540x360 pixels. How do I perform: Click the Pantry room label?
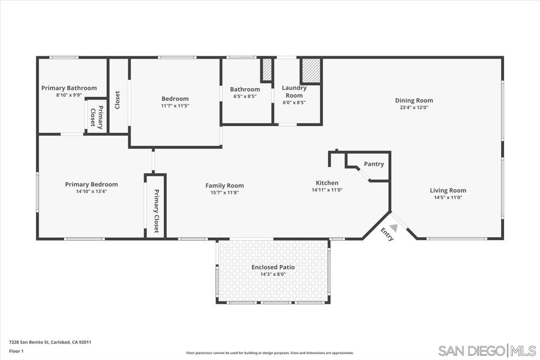[x=374, y=164]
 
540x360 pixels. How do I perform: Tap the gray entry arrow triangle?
[x=393, y=227]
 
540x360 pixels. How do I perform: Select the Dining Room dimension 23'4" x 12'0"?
[x=414, y=108]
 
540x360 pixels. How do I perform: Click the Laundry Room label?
[x=294, y=92]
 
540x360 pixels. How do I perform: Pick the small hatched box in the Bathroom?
[x=267, y=70]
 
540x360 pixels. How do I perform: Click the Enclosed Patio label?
[x=273, y=267]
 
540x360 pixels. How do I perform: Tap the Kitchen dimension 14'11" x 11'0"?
[x=327, y=190]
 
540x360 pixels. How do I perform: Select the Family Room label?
[x=224, y=186]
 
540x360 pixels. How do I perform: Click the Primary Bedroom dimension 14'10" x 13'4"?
[x=91, y=191]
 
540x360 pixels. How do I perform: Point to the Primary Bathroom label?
[x=69, y=88]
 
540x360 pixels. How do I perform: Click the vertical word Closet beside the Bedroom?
[x=118, y=100]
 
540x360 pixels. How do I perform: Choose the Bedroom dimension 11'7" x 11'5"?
[x=175, y=106]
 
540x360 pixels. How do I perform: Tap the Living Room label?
[x=448, y=190]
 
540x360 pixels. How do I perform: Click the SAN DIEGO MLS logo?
[x=487, y=350]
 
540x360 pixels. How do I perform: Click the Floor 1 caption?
[x=16, y=351]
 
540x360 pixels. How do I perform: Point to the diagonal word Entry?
[x=387, y=234]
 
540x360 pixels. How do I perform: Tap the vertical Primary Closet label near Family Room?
[x=156, y=211]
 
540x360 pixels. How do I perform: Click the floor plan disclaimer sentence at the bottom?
[x=270, y=353]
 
